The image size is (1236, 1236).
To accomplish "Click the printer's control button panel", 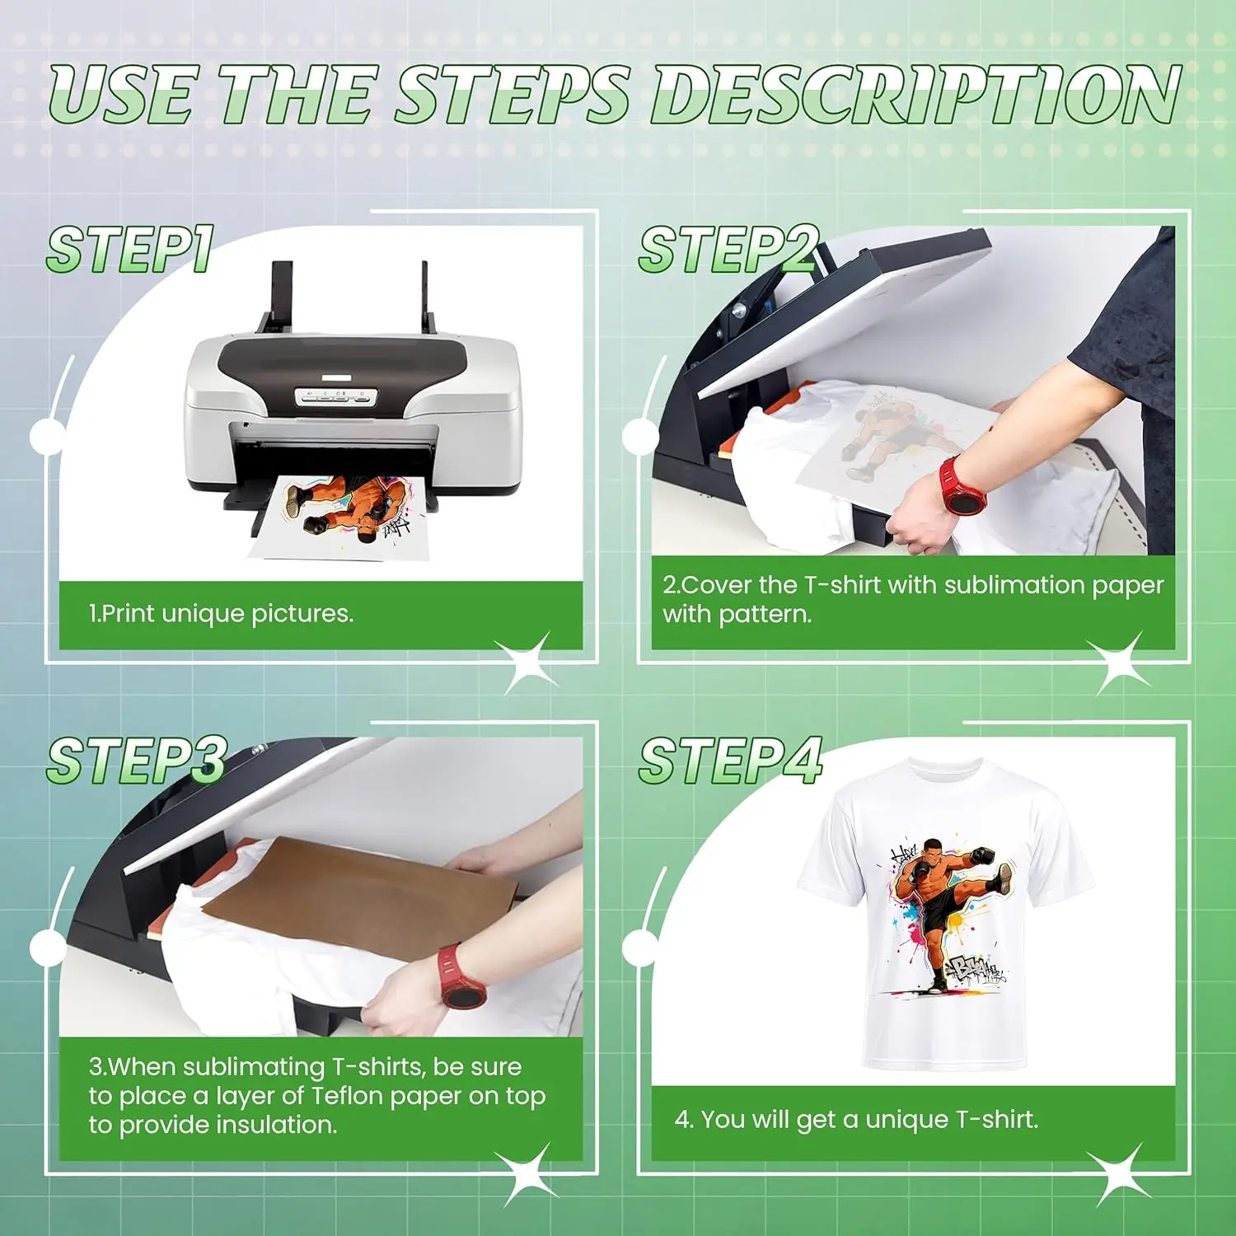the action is [x=335, y=397].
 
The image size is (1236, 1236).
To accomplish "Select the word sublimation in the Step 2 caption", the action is [x=1014, y=584].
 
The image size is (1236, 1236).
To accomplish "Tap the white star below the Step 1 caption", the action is [x=527, y=662].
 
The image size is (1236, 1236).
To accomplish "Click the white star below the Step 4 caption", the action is [x=1120, y=1173].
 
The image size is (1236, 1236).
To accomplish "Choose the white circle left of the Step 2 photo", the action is [x=640, y=438].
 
